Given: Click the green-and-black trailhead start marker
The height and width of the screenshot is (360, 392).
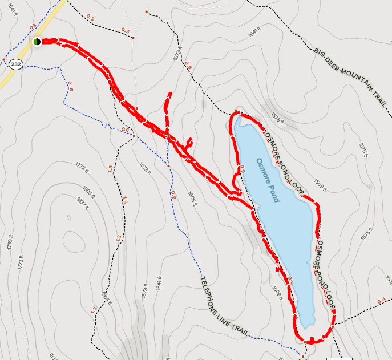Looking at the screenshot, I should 37,42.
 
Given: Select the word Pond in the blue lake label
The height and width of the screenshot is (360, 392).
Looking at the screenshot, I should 274,193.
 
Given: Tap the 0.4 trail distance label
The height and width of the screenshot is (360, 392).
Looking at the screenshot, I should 381,301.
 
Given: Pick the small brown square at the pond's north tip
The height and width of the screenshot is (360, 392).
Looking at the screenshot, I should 237,112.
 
